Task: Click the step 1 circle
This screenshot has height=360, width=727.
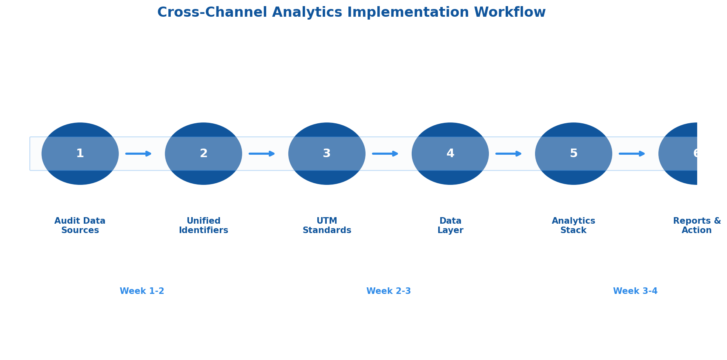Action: (x=80, y=153)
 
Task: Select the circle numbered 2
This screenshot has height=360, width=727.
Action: (x=203, y=153)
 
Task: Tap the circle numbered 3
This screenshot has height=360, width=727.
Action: (x=327, y=153)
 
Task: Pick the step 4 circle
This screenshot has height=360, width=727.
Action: (x=450, y=153)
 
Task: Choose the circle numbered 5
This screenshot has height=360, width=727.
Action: (x=573, y=153)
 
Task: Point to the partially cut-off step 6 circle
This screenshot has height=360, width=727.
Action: (x=680, y=153)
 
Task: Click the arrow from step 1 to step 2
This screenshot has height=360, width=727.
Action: (x=138, y=153)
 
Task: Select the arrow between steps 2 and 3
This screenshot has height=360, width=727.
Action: (x=262, y=153)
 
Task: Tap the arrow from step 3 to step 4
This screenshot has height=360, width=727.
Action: (x=385, y=153)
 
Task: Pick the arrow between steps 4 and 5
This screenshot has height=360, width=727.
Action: (x=508, y=153)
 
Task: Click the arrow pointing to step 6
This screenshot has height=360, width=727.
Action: (x=632, y=153)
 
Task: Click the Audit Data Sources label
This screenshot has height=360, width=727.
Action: (x=80, y=226)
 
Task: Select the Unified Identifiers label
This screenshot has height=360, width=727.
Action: (x=203, y=226)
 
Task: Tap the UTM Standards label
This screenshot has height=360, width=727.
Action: (x=327, y=226)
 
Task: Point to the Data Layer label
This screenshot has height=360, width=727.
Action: (x=450, y=226)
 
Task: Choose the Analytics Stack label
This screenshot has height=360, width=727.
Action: (x=573, y=226)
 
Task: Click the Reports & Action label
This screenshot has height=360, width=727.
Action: (x=697, y=226)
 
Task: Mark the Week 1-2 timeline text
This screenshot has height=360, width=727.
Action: (x=142, y=291)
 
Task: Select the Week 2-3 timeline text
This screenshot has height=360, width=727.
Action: (x=388, y=291)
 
